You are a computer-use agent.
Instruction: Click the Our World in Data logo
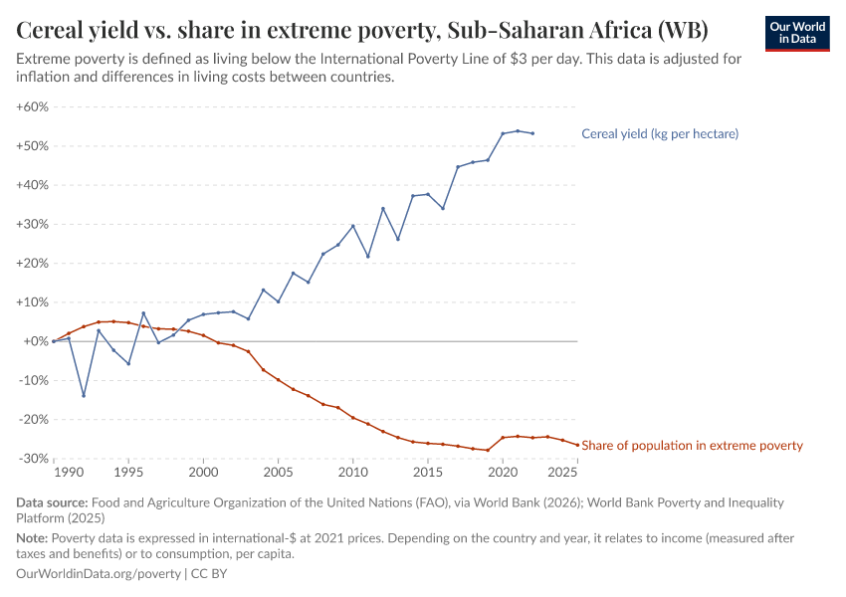[797, 33]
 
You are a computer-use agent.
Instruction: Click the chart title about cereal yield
[362, 31]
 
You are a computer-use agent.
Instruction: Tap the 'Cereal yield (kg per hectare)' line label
[659, 133]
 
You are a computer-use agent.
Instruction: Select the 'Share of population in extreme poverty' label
[692, 446]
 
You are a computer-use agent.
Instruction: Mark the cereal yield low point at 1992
[84, 395]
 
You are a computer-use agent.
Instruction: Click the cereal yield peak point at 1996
[143, 313]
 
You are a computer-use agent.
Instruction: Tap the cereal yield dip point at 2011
[368, 257]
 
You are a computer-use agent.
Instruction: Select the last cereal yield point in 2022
[532, 133]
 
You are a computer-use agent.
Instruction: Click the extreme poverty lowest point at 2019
[488, 450]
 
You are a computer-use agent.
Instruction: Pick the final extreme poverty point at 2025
[577, 445]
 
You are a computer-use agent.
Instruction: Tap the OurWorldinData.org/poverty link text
[99, 574]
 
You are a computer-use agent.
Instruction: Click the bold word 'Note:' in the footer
[34, 538]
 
